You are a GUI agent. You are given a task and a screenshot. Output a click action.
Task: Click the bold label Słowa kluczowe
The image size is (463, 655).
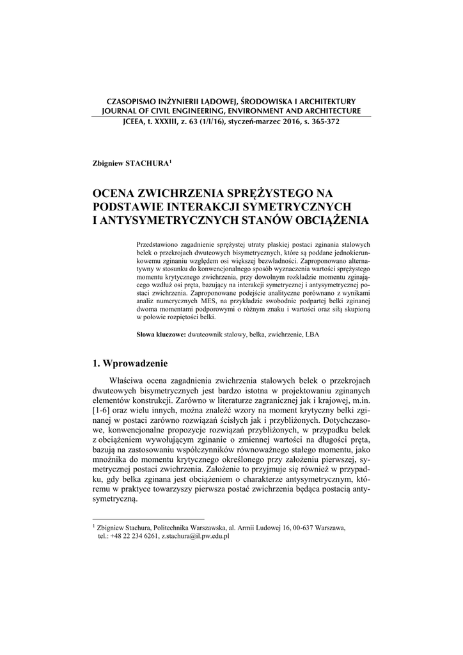click(161, 334)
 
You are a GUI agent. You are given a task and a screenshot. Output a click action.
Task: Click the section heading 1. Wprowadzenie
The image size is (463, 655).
click(130, 364)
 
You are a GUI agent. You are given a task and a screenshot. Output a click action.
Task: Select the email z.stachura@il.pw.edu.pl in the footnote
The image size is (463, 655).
click(195, 537)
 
